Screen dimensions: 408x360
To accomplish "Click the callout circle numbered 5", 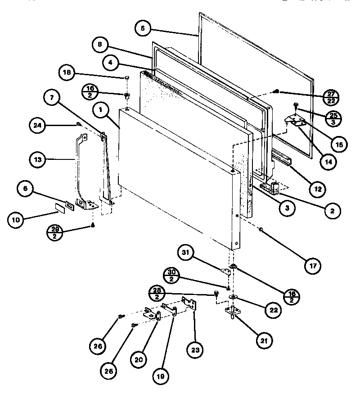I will [x=143, y=28].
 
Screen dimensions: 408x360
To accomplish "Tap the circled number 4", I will [x=110, y=63].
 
